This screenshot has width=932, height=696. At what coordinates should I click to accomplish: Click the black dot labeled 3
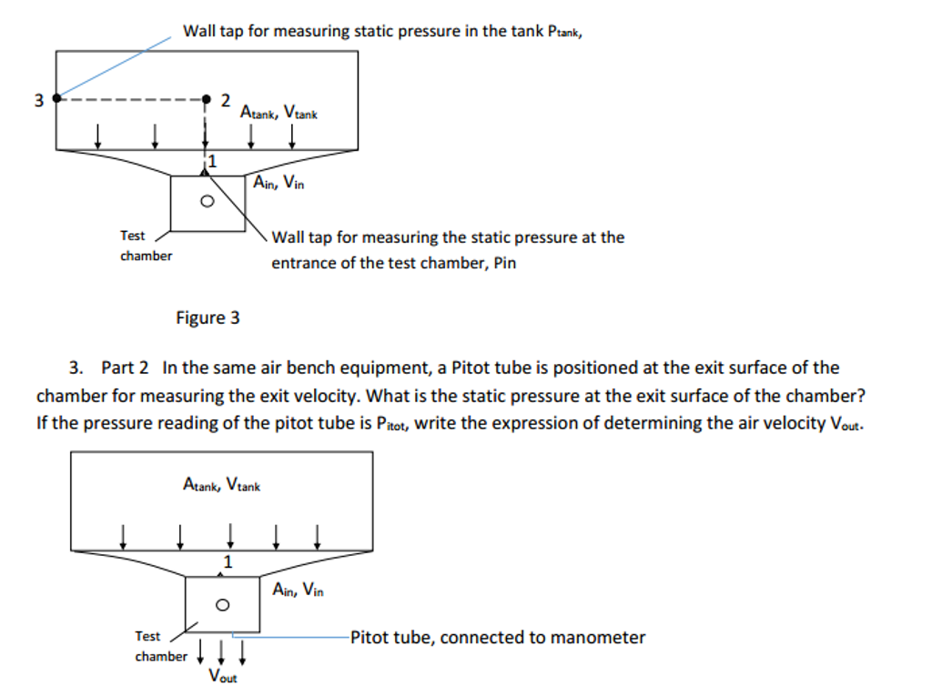coord(57,98)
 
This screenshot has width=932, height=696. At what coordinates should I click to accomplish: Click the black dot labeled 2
coord(207,98)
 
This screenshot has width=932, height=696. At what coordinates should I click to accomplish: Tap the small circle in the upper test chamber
coord(207,201)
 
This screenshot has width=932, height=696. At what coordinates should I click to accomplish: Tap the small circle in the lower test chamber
coord(222,605)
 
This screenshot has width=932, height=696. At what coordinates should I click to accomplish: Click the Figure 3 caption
coord(208,318)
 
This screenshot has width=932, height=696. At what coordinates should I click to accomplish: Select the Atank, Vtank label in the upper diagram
coord(279,112)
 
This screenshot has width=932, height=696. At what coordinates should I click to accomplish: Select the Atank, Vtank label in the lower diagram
coord(222,484)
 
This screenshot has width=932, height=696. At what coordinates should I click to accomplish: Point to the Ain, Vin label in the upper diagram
coord(279,182)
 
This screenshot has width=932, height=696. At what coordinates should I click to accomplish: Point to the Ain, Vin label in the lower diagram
coord(298,589)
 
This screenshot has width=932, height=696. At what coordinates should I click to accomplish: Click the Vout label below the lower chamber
coord(223,676)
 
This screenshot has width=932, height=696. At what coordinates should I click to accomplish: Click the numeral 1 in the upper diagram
coord(212,161)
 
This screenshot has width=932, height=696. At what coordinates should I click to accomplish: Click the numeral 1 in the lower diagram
coord(228,561)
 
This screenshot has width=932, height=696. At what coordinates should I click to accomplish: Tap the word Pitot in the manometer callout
coord(370,637)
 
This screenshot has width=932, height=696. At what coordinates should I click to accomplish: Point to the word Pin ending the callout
coord(505,263)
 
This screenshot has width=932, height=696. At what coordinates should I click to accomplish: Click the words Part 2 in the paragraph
coord(125,368)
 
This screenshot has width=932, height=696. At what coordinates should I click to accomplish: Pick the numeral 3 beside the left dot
coord(38,100)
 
